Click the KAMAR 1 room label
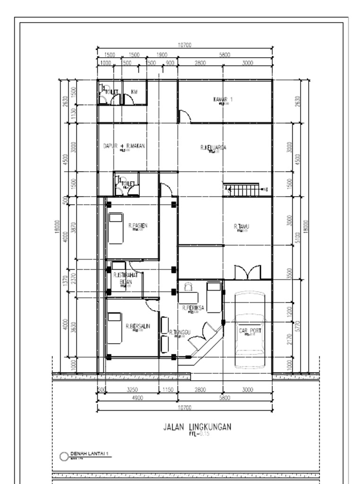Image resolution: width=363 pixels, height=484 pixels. point(223,99)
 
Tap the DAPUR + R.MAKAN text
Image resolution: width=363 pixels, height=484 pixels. point(124,146)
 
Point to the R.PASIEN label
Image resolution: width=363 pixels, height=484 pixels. point(138,226)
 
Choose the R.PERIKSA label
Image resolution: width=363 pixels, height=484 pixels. point(193,307)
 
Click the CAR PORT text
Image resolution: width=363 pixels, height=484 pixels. point(250,331)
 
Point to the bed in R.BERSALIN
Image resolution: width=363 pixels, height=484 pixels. point(115,328)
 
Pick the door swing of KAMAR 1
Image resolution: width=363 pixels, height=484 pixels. point(184,116)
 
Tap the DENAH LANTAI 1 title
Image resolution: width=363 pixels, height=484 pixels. point(90,454)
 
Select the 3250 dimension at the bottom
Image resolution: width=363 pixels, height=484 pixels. point(133,390)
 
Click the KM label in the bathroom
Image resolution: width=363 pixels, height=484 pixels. point(134,92)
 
